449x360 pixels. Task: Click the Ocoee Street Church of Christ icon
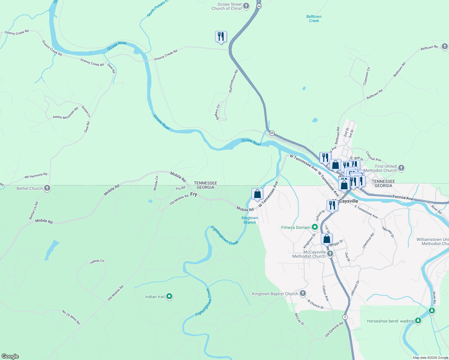point(246,6)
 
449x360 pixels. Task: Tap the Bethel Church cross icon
point(47,188)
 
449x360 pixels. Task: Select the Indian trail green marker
point(169,297)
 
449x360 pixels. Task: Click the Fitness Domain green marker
point(315,227)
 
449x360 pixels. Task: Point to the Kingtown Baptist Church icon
point(303,294)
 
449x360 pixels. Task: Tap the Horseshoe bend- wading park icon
point(418,321)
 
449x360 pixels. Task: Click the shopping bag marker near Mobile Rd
point(257,194)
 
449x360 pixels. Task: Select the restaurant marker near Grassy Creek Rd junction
point(221,37)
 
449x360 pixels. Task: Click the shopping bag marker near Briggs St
point(327,239)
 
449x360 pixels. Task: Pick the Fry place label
point(194,194)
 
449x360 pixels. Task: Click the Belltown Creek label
point(314,19)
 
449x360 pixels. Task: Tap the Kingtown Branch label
point(250,220)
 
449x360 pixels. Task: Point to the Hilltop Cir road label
point(97,261)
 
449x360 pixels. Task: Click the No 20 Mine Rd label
point(71,317)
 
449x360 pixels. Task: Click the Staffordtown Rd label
point(233,81)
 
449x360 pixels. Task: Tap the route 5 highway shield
point(345,317)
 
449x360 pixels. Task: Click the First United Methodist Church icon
point(401,168)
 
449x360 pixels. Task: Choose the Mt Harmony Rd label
point(36,175)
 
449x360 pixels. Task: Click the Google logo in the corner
point(10,356)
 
